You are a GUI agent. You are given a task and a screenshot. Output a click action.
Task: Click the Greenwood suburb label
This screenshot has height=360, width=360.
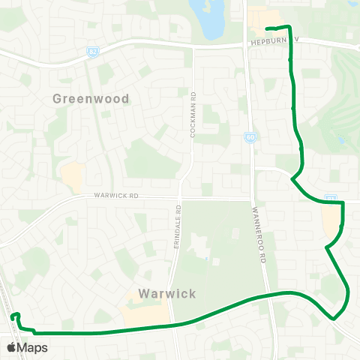pyautogui.click(x=91, y=98)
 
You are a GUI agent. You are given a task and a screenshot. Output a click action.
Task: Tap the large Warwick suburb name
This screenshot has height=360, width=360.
pyautogui.click(x=168, y=293)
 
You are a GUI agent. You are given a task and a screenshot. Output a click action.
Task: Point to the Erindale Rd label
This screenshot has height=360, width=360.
pyautogui.click(x=178, y=228)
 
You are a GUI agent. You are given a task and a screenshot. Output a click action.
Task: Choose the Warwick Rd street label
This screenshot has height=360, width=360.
pyautogui.click(x=117, y=196)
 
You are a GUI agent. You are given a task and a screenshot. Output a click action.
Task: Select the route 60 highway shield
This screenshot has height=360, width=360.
pyautogui.click(x=250, y=136)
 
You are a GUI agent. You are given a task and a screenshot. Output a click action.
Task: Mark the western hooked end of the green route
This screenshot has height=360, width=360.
pyautogui.click(x=13, y=317)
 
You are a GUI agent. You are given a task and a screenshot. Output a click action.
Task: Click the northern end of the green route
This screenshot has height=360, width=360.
pyautogui.click(x=267, y=28)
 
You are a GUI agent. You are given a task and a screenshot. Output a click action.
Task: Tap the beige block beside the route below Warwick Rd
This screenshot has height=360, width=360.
pyautogui.click(x=330, y=220)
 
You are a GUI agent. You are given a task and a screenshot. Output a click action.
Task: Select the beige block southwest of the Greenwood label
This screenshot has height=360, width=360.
pyautogui.click(x=72, y=177)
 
